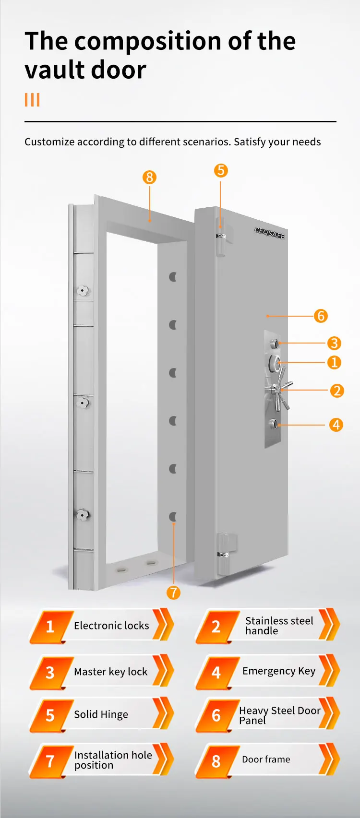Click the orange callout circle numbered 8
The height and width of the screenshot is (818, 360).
tap(149, 178)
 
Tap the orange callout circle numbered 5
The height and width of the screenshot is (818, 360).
tap(220, 170)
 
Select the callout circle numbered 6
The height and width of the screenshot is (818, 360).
tap(321, 316)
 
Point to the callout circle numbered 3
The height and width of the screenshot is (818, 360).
tap(334, 344)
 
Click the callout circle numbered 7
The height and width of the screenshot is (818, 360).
tap(173, 593)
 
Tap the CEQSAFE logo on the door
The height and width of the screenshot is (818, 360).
tap(269, 233)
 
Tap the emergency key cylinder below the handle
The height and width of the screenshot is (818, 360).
tap(274, 424)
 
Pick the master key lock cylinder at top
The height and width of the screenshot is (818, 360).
tap(275, 344)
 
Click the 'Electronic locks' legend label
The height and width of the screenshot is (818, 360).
tap(111, 626)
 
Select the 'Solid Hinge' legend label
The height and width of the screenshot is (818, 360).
tap(101, 714)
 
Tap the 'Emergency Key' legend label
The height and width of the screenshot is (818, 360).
tap(279, 671)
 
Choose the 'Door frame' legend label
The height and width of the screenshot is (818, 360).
tap(266, 759)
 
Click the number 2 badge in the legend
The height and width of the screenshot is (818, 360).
tap(216, 627)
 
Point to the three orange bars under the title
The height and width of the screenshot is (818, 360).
tap(32, 100)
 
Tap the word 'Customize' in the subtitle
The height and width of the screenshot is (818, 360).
tap(49, 142)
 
